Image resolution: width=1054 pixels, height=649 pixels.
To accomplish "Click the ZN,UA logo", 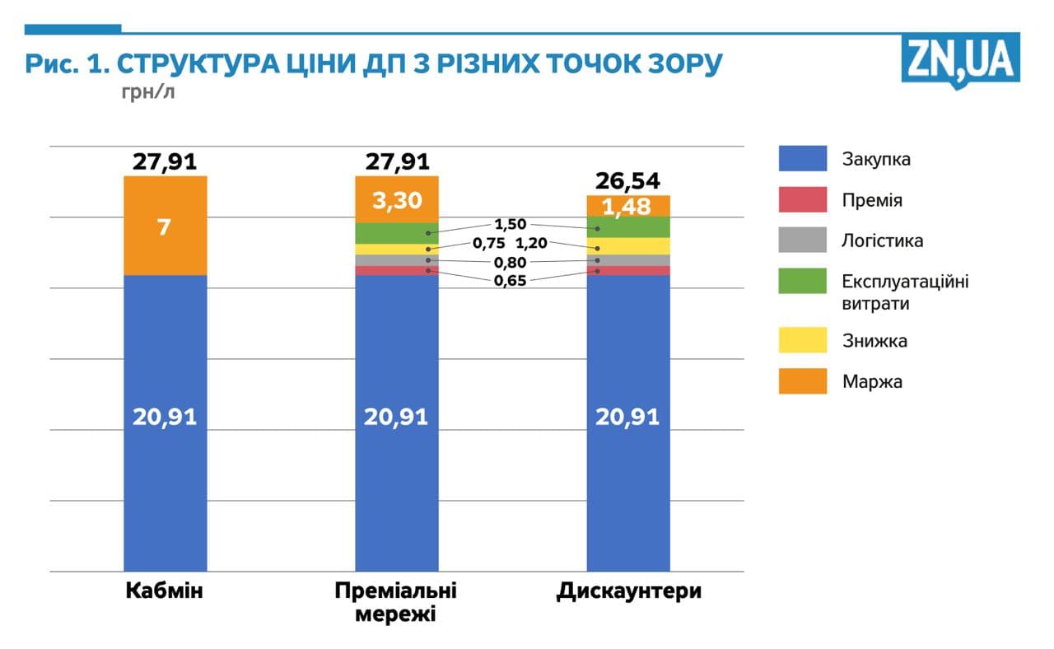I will tap(960, 59).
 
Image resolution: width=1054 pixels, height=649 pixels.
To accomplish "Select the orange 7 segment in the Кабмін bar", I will tap(165, 226).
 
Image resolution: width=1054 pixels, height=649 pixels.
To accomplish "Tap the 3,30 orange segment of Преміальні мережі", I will tap(397, 199).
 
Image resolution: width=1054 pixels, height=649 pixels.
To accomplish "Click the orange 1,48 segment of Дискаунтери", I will tap(628, 206).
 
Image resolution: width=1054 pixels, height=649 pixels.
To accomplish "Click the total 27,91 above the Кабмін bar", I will tap(165, 161).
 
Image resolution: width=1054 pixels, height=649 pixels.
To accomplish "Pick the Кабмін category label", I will tap(165, 591).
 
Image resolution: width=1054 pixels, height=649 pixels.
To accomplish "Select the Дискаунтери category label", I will tap(628, 591).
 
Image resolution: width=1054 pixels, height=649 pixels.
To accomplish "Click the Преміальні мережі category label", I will tap(396, 603).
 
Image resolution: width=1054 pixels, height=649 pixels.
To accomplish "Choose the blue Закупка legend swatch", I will tap(802, 159).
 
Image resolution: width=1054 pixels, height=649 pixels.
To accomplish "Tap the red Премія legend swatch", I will tap(802, 200).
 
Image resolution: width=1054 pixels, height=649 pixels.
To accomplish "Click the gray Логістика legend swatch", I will tap(802, 240).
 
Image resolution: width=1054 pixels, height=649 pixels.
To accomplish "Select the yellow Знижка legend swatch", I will tap(802, 339).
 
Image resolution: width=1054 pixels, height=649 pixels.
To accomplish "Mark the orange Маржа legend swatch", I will tap(802, 381).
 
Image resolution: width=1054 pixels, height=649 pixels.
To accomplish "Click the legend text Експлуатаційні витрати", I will tap(905, 292).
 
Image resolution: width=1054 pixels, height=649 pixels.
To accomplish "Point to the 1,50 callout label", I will tap(510, 224).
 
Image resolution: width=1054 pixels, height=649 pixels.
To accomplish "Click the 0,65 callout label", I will tap(510, 281).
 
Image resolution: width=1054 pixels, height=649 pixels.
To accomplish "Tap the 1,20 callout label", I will tap(531, 243).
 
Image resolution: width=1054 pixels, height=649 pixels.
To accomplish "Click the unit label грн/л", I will tap(148, 91).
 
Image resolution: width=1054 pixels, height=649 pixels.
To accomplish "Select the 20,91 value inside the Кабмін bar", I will tap(165, 417).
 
